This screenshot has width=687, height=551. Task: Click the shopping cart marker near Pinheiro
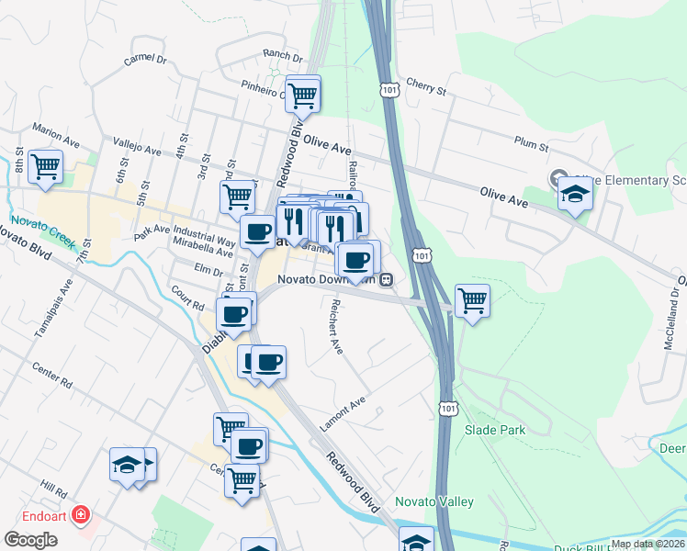[302, 93]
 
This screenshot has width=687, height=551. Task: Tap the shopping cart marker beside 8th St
[45, 167]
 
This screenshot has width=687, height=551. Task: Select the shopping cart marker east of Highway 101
[472, 300]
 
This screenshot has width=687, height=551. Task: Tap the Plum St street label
[531, 145]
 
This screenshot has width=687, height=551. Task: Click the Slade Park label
[494, 429]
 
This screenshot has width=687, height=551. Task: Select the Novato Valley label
[434, 501]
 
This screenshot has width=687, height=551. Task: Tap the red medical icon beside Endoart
[82, 514]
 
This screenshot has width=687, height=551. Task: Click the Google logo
[30, 539]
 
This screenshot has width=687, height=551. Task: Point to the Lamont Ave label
[343, 413]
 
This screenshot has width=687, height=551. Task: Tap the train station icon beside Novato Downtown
[388, 278]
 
